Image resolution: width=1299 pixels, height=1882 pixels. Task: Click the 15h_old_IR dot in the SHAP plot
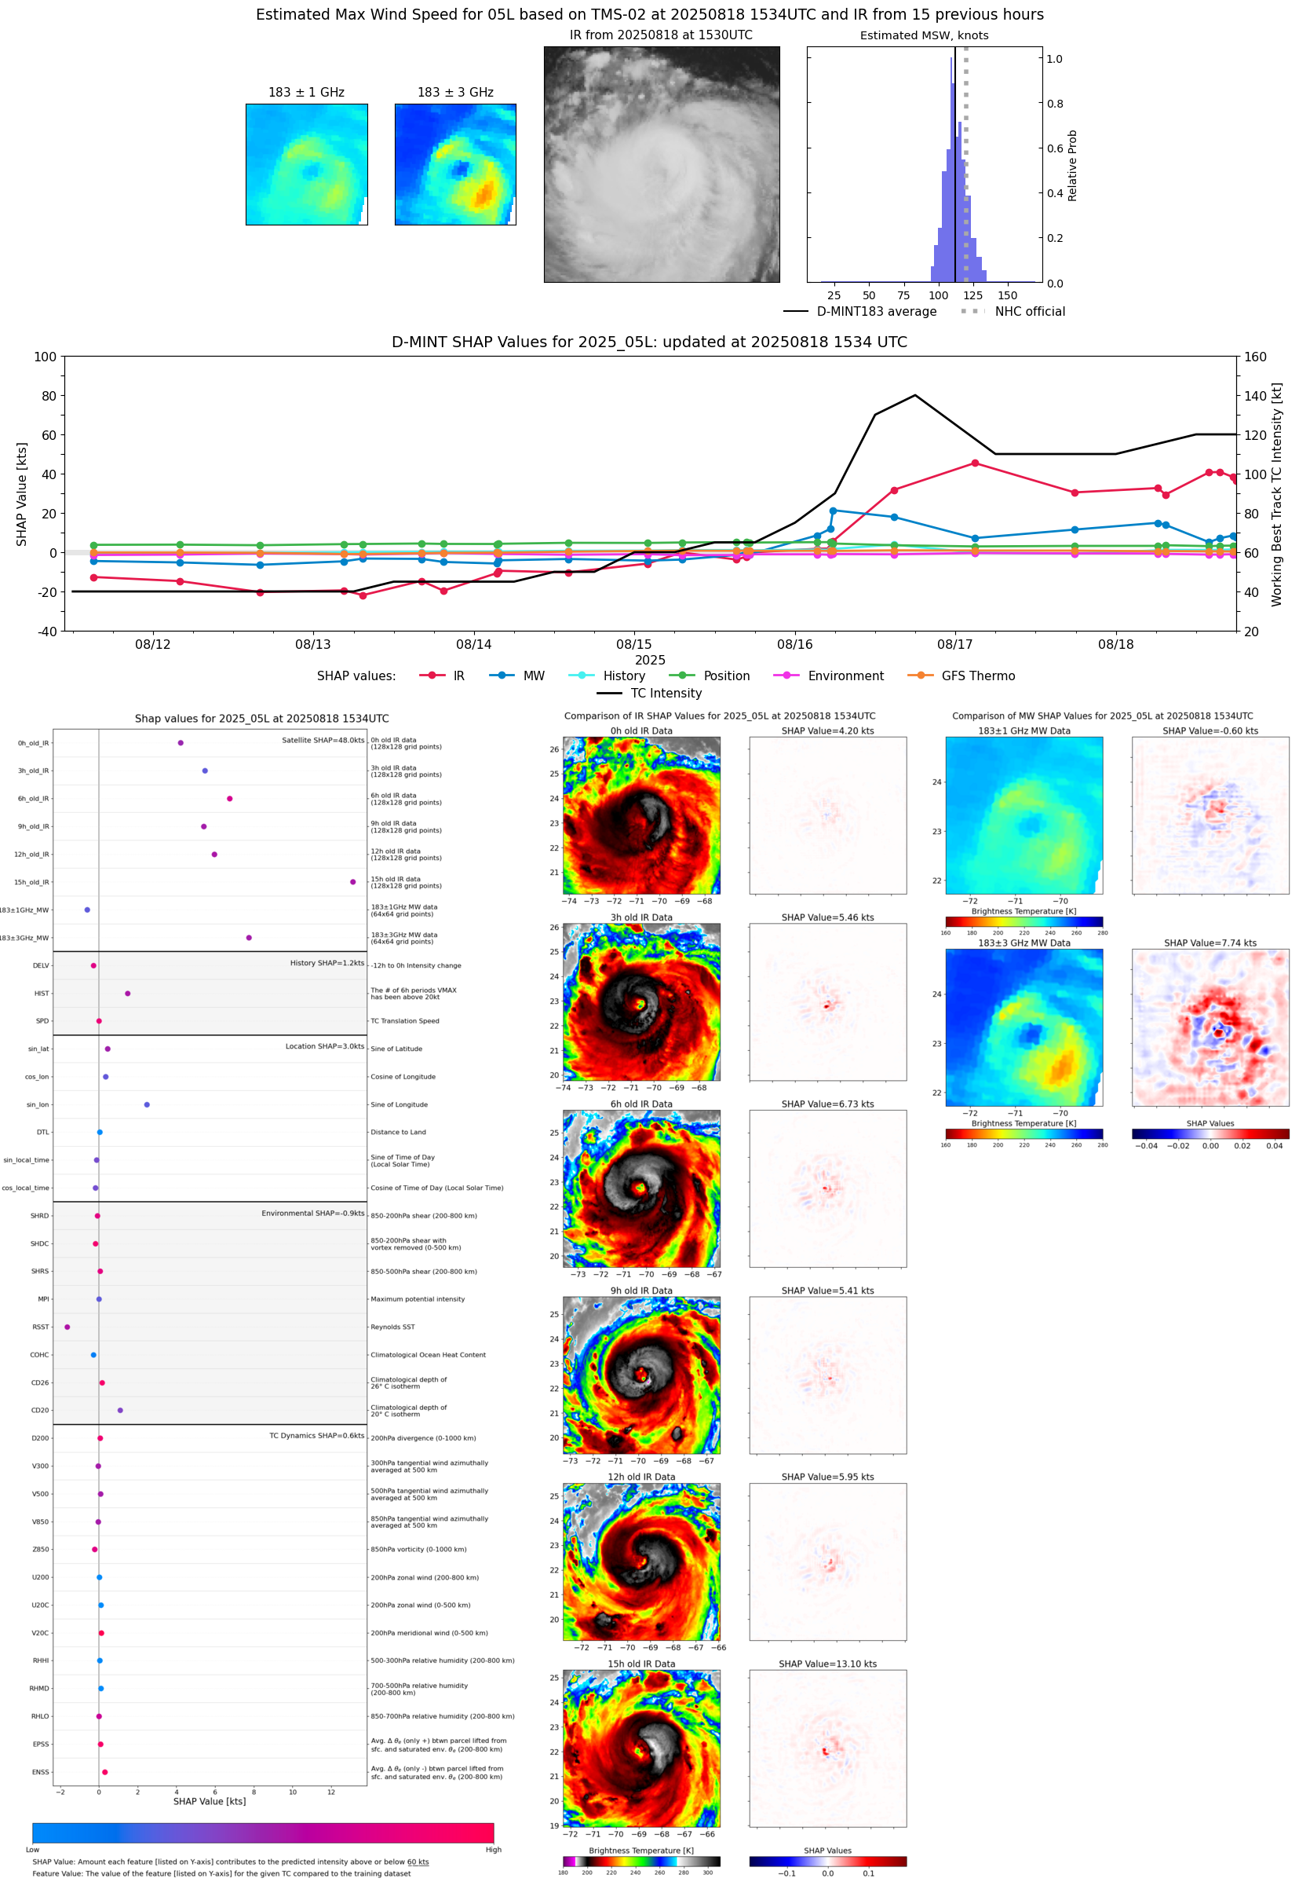(352, 882)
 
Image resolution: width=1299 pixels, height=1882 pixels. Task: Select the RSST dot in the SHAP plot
(67, 1327)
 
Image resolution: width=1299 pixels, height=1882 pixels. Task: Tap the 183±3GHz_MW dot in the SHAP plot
(249, 937)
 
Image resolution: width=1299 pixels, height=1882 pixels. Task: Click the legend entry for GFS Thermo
(977, 676)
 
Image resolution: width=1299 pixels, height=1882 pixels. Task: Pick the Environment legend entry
(845, 676)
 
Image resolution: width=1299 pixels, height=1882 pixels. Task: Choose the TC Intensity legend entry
(665, 693)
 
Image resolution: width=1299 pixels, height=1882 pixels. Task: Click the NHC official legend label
(1030, 311)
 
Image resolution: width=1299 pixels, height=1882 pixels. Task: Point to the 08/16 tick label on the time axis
(794, 644)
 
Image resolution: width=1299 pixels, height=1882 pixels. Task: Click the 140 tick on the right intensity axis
(1255, 396)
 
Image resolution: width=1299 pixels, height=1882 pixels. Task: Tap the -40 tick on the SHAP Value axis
(46, 632)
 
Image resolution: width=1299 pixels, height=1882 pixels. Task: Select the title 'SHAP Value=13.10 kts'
(827, 1664)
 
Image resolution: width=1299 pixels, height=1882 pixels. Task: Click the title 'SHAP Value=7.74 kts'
(1210, 943)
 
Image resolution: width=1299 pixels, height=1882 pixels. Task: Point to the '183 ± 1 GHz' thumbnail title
(306, 92)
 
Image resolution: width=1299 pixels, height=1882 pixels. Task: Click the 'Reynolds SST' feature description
(392, 1327)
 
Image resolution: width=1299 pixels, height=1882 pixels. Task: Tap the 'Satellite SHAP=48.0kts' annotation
(323, 740)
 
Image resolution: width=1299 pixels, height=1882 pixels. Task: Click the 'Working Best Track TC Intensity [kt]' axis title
(1275, 493)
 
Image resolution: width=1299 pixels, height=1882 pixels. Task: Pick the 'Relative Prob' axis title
(1072, 165)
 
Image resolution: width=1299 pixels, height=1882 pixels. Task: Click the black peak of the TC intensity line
(915, 396)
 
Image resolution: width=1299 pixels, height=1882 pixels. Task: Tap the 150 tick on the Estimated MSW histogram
(1007, 295)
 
